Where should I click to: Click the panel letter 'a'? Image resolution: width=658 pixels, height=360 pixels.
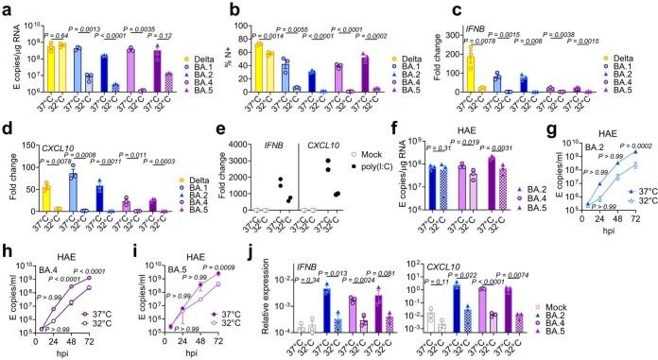point(7,9)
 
